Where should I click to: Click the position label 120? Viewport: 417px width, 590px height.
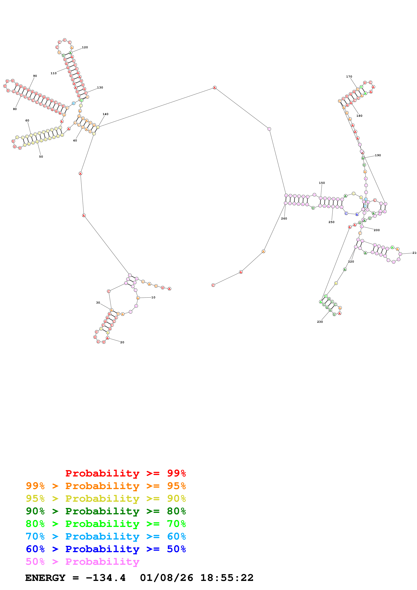coord(85,47)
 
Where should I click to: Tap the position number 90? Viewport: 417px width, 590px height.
coord(35,76)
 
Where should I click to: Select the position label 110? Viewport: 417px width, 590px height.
coord(53,73)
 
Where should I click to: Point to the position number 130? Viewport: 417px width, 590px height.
coord(100,88)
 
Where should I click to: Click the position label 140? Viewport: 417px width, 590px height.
coord(105,114)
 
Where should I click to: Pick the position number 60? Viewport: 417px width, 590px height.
coord(27,121)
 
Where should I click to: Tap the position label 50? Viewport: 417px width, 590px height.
coord(41,157)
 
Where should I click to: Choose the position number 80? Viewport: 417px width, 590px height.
coord(15,109)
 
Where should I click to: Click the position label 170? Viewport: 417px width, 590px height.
coord(349,77)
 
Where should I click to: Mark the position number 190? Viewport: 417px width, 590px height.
coord(378,155)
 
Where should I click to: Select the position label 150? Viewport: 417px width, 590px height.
coord(322,183)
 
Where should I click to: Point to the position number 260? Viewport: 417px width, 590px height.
coord(284,219)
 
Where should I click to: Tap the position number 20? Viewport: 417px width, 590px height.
coord(122,342)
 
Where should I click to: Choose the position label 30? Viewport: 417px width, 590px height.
coord(98,303)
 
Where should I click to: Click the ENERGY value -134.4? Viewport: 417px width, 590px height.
coord(106,578)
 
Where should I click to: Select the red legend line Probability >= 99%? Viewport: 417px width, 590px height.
coord(125,473)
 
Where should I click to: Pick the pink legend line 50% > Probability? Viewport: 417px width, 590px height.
coord(82,562)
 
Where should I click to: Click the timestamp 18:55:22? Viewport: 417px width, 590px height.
coord(227,578)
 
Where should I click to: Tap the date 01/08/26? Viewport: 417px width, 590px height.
coord(167,578)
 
